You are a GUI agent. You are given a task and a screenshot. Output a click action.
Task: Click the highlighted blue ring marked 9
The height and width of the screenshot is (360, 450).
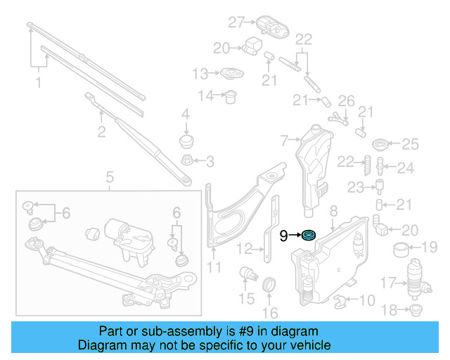(308, 235)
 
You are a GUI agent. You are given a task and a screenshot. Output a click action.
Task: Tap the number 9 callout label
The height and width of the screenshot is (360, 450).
(283, 236)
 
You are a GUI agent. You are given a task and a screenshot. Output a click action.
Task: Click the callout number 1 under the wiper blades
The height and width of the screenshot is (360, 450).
(38, 83)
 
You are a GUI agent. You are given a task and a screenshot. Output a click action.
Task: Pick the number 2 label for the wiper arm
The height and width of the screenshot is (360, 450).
(101, 131)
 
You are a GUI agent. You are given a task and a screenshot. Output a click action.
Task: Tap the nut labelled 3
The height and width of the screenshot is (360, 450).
(187, 161)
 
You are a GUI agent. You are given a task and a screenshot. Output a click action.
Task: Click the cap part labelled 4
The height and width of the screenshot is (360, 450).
(186, 141)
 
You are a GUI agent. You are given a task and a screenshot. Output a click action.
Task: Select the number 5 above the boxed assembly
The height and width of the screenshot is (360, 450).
(110, 176)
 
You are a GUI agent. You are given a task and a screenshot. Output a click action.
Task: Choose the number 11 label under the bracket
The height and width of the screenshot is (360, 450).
(214, 267)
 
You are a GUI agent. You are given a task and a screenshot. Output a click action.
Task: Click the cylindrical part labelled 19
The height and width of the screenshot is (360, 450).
(401, 247)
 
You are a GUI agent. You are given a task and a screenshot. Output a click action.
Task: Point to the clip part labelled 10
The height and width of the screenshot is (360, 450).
(342, 302)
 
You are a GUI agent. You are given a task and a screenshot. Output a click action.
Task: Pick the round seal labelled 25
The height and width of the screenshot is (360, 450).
(380, 146)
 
